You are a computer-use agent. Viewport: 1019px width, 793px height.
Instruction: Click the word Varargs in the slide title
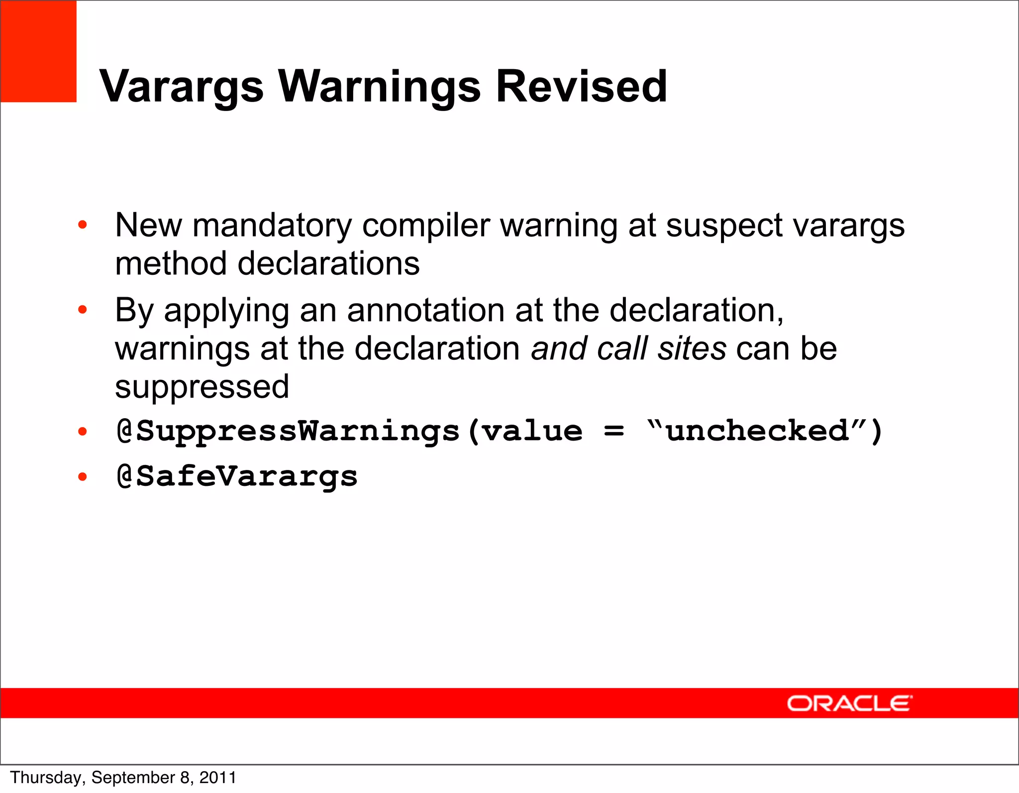click(x=182, y=87)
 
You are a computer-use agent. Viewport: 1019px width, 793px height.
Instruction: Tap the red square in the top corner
click(x=38, y=51)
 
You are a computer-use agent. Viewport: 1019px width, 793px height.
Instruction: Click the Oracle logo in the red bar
click(x=849, y=703)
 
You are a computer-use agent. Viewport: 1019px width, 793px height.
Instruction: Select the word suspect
click(x=724, y=227)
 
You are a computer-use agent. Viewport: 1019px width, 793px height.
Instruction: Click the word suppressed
click(x=202, y=387)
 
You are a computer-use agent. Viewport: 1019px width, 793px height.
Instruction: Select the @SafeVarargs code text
click(x=237, y=476)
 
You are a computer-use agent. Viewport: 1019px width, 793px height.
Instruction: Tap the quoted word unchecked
click(x=757, y=431)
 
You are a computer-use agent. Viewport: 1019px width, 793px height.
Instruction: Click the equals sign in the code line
click(x=613, y=431)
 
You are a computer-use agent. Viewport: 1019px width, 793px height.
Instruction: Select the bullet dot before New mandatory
click(x=83, y=225)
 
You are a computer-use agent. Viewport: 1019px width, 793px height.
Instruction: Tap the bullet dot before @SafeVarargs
click(x=83, y=477)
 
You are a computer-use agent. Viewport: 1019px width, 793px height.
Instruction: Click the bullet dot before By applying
click(x=83, y=310)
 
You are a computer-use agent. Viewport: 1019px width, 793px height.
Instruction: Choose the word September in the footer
click(x=133, y=778)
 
